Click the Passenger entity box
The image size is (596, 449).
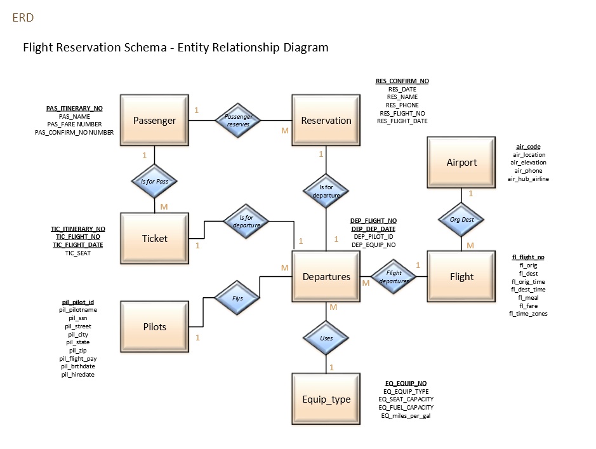[x=154, y=121]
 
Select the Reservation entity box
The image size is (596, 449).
[x=326, y=121]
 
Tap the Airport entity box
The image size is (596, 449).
[x=461, y=163]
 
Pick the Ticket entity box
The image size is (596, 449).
[x=154, y=239]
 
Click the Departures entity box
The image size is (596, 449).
[x=326, y=277]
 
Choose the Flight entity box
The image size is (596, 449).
[x=461, y=277]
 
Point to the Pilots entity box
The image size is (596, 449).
[x=154, y=327]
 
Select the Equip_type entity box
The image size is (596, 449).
[x=326, y=399]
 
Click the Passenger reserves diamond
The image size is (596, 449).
[x=239, y=121]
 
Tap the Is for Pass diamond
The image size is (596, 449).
[x=154, y=182]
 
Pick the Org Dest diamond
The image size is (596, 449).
[x=461, y=220]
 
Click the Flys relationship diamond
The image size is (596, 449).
[x=237, y=298]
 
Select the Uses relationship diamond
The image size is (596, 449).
[x=326, y=338]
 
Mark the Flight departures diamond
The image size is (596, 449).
[x=394, y=277]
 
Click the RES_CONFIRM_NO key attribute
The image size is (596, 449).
[x=402, y=81]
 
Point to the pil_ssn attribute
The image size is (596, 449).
[x=79, y=318]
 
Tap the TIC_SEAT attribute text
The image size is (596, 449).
[x=78, y=253]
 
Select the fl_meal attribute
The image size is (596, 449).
[x=528, y=297]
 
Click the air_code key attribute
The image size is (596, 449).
[x=528, y=147]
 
